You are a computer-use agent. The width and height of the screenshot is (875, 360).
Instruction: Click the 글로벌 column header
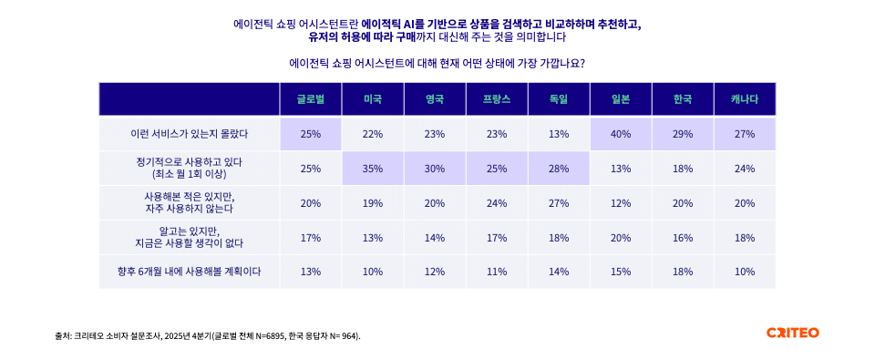[310, 99]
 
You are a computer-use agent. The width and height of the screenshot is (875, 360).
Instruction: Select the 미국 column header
[372, 99]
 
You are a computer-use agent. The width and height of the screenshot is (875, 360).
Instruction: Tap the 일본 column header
[621, 99]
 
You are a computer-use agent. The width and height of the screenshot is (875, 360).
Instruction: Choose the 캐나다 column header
[745, 99]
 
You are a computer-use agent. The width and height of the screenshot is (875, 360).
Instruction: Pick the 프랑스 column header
[496, 99]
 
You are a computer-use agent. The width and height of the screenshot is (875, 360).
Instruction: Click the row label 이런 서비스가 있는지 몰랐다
[190, 134]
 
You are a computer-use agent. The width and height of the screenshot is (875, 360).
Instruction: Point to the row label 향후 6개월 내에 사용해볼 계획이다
[190, 272]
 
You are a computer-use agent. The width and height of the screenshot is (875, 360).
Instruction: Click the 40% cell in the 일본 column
[621, 134]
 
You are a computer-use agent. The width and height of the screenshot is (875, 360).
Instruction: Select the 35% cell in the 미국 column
[372, 169]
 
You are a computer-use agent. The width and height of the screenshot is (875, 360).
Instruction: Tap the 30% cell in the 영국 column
[434, 169]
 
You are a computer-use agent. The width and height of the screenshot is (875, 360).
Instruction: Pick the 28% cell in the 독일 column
[559, 169]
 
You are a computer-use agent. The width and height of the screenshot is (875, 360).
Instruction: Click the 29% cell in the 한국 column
[683, 134]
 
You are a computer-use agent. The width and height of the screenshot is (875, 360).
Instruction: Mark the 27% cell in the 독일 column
[559, 203]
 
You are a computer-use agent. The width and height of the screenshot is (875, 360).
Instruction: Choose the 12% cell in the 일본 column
[621, 203]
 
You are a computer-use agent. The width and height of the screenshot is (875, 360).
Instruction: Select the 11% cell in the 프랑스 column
[496, 272]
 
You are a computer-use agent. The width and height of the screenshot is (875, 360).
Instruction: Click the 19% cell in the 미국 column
[372, 203]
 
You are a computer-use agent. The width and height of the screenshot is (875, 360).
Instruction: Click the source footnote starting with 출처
[208, 335]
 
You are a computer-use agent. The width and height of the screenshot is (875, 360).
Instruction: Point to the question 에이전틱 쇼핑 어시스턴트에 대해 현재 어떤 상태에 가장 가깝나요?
[437, 64]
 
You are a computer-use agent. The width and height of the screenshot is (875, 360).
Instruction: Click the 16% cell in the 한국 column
[683, 237]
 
